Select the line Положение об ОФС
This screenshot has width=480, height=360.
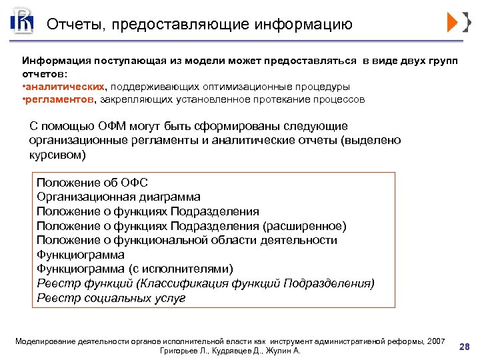click(92, 183)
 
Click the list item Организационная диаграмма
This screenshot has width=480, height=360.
click(118, 197)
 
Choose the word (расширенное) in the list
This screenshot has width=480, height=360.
click(305, 226)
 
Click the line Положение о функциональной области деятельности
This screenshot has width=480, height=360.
click(187, 240)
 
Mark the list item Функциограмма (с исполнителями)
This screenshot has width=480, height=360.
click(135, 269)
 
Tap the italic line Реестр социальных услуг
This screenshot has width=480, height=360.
click(111, 298)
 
